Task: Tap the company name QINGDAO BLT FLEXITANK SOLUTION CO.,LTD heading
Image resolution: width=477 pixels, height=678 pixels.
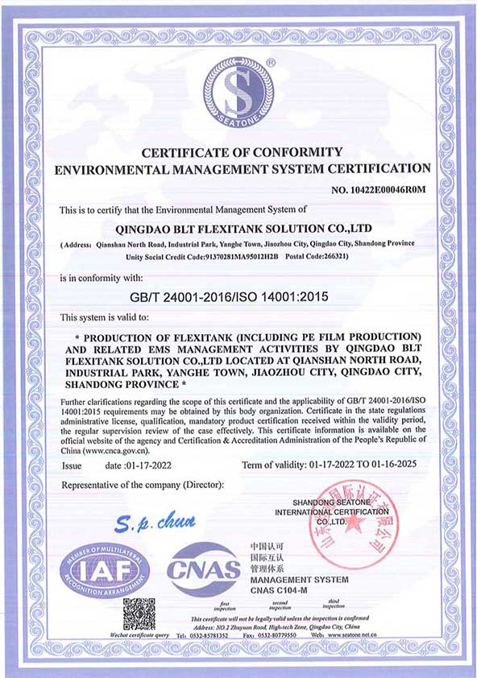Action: [238, 227]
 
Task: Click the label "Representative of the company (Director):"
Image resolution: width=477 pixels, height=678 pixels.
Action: [143, 486]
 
